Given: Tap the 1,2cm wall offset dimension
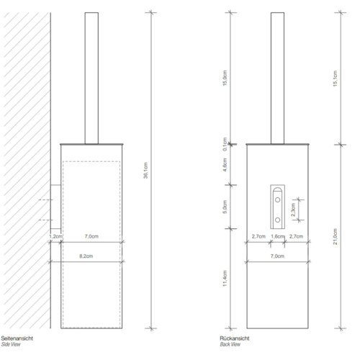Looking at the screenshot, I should (53, 236).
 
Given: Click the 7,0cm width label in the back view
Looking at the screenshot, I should (277, 256).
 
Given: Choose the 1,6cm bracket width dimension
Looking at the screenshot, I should (277, 236).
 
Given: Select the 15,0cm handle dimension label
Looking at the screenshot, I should (225, 77).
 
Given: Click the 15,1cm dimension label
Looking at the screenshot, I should (336, 77).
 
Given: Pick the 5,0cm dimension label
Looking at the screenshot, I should (225, 207).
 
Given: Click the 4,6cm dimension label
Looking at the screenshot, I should (225, 164).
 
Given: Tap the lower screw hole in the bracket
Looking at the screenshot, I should (277, 219).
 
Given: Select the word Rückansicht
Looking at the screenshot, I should (234, 338).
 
